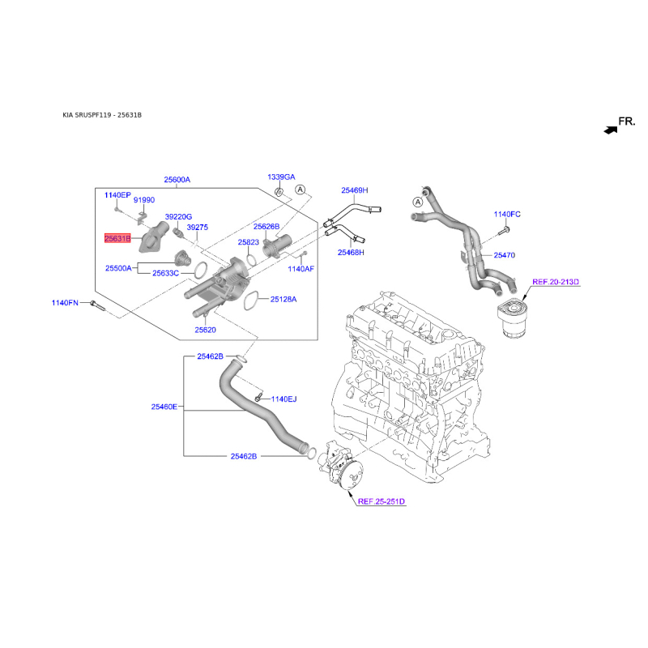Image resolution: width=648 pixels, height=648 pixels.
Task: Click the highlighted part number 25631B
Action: (117, 238)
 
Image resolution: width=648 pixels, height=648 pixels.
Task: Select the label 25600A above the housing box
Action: (177, 180)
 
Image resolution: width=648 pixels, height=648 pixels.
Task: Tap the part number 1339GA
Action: (282, 177)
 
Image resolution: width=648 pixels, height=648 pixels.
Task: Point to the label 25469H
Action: (354, 190)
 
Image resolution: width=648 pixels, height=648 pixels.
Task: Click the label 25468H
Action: (351, 253)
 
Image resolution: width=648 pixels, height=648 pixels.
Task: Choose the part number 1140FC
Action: (507, 214)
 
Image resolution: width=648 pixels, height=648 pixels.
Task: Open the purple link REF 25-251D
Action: (380, 502)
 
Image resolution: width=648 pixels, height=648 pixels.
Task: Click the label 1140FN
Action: (66, 303)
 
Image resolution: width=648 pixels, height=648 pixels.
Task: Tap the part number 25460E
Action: (164, 407)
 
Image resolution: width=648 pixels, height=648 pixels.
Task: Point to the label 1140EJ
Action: (284, 399)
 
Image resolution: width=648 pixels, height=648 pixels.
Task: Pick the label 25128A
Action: (283, 299)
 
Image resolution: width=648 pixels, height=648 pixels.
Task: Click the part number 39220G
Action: (178, 217)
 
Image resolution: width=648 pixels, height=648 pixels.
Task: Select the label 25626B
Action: (266, 227)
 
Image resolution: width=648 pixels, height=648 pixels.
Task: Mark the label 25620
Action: (205, 330)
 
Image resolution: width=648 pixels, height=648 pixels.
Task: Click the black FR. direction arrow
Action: (609, 128)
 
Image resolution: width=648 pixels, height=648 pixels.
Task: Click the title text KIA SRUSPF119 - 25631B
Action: (102, 116)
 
